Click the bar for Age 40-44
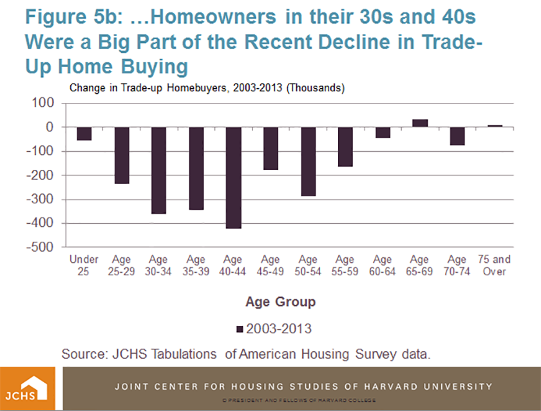pyautogui.click(x=233, y=178)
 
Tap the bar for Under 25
pyautogui.click(x=84, y=133)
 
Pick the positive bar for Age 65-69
pyautogui.click(x=420, y=123)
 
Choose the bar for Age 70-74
pyautogui.click(x=457, y=136)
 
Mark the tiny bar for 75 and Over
pyautogui.click(x=495, y=126)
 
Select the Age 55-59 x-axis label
pyautogui.click(x=345, y=266)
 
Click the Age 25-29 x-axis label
pyautogui.click(x=121, y=266)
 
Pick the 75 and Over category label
pyautogui.click(x=495, y=266)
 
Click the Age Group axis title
pyautogui.click(x=280, y=301)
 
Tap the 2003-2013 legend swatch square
pyautogui.click(x=240, y=329)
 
